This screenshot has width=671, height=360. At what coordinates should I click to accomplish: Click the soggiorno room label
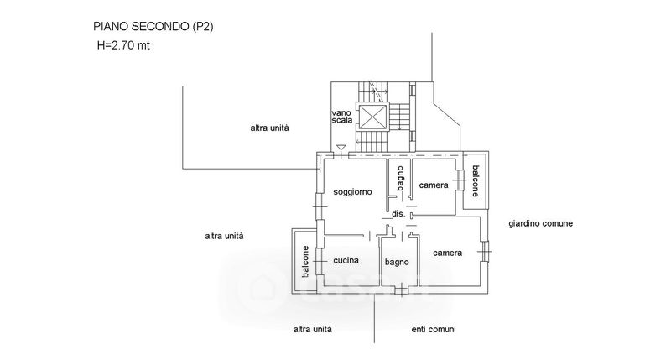click(x=353, y=192)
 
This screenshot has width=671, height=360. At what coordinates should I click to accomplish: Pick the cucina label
click(x=347, y=261)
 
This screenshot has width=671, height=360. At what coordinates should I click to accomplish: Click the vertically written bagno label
click(x=401, y=180)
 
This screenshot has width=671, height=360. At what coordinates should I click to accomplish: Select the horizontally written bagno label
click(x=397, y=263)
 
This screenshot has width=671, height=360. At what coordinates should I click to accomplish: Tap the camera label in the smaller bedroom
click(x=434, y=185)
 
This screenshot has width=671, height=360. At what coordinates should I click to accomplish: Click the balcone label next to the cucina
click(x=305, y=262)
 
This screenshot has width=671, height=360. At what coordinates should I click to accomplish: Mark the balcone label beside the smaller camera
click(x=475, y=180)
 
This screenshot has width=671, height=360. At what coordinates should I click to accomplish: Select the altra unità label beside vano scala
click(x=269, y=128)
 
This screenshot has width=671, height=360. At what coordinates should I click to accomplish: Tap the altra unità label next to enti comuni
click(x=313, y=329)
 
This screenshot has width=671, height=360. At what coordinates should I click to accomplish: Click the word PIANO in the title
click(x=111, y=27)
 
